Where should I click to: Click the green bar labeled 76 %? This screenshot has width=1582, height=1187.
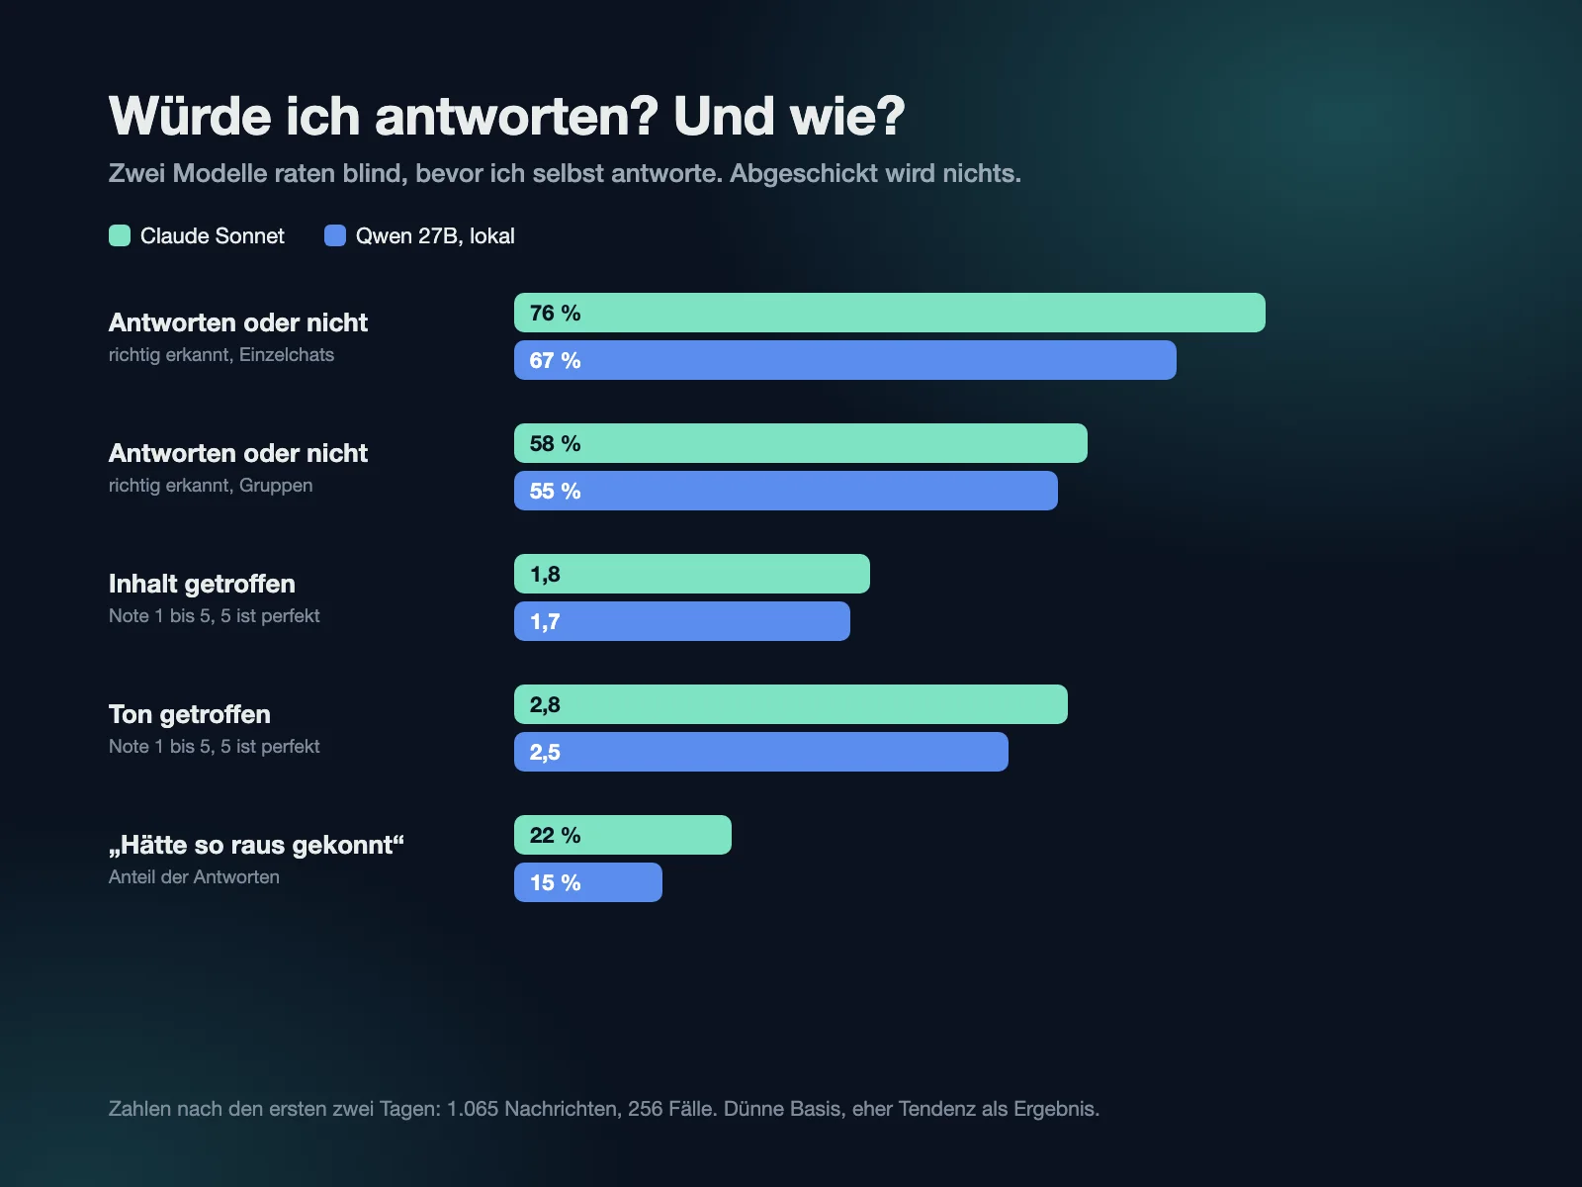(889, 313)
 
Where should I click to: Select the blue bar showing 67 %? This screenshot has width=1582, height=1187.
(844, 360)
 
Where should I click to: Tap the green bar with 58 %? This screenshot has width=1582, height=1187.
(801, 443)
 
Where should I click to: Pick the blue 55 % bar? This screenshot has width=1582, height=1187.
(786, 491)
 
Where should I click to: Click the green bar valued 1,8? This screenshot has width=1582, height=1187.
(692, 574)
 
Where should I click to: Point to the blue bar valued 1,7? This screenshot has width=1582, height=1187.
(682, 621)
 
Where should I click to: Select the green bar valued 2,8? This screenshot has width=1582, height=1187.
(791, 704)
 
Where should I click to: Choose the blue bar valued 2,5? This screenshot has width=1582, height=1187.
(761, 752)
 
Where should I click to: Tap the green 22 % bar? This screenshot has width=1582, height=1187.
(623, 835)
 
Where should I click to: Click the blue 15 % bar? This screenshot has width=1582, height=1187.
(588, 882)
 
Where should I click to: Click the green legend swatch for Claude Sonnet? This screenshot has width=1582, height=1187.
(120, 235)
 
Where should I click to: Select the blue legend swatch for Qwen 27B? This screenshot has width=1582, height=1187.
(335, 235)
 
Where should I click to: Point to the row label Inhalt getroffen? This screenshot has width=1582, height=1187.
(202, 584)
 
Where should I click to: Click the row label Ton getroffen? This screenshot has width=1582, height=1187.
(190, 714)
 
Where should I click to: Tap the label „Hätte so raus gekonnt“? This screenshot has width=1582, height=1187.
(256, 845)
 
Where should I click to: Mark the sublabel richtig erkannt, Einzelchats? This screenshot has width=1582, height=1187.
(221, 354)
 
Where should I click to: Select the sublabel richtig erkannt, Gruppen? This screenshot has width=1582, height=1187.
(211, 485)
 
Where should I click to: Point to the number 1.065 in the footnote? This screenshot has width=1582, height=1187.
(473, 1109)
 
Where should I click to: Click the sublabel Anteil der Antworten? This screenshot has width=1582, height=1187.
(194, 877)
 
